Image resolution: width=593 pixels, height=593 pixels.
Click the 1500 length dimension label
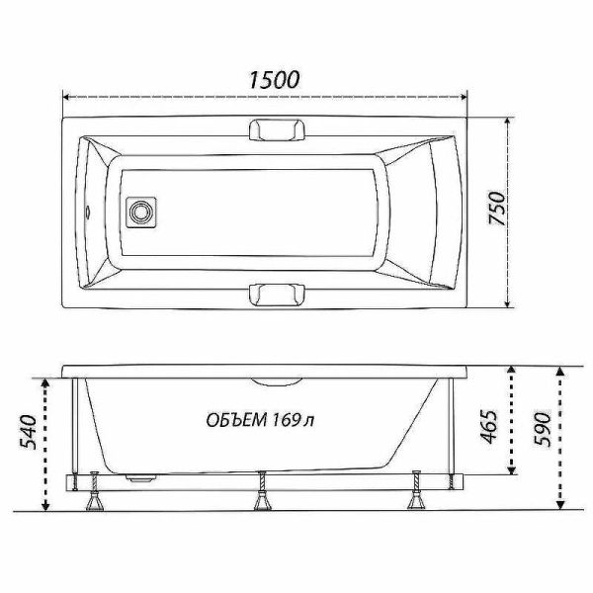tap(274, 80)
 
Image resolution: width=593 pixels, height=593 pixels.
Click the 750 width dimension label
tap(497, 209)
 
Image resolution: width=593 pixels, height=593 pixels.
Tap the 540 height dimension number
tap(29, 432)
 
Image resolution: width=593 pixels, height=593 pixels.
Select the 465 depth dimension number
tap(488, 426)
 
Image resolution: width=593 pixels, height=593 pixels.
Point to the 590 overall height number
tap(542, 429)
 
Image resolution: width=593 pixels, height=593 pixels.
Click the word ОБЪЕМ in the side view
tap(234, 420)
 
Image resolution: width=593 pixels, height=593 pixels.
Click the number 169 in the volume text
tap(287, 419)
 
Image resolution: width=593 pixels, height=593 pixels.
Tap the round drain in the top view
tap(140, 212)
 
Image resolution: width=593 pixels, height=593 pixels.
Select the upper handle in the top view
tap(277, 130)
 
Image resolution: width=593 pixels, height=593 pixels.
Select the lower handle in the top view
tap(277, 294)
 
